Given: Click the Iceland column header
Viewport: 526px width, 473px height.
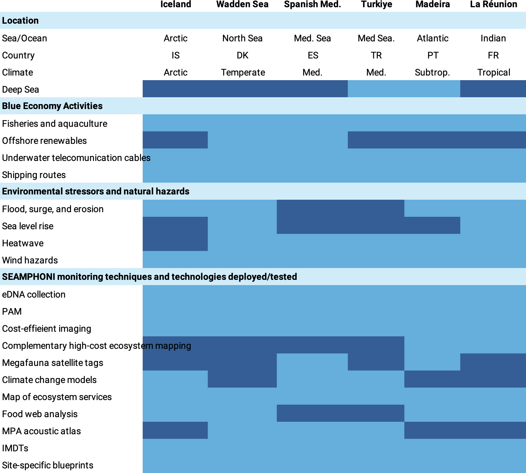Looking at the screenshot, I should (x=176, y=4).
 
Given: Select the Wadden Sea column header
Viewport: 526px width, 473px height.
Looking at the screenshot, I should (x=242, y=4).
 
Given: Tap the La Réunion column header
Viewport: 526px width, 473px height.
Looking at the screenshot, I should (x=493, y=4).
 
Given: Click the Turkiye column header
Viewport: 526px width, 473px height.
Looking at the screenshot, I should (x=376, y=4).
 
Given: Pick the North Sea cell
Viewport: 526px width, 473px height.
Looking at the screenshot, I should (x=242, y=38).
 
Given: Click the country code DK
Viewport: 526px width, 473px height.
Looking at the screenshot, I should (x=242, y=55).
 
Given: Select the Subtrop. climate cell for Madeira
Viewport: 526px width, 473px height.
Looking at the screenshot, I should (x=432, y=72).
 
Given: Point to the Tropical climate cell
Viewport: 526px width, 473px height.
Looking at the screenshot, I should (x=493, y=72).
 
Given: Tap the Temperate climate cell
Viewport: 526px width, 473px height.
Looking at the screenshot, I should (x=243, y=72).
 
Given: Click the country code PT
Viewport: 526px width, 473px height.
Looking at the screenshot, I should (x=433, y=55).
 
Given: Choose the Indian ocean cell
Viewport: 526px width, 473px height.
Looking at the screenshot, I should (x=493, y=38).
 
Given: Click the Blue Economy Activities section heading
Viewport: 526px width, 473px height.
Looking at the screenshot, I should (x=52, y=106).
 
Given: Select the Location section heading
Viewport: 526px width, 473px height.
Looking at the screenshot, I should (x=20, y=20).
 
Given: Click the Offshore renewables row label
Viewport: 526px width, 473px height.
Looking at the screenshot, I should (x=44, y=141).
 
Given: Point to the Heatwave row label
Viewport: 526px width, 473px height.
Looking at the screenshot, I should (x=23, y=243).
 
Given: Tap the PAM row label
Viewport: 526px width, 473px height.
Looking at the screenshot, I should (x=12, y=311).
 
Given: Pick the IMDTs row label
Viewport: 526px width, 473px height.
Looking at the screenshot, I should (x=15, y=448).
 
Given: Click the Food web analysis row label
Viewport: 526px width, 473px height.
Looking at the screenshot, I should (x=40, y=414).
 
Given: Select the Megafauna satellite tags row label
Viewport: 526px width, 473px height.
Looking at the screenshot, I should (x=53, y=363).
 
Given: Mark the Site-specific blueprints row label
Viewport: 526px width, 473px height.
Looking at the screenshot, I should (x=48, y=465).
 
